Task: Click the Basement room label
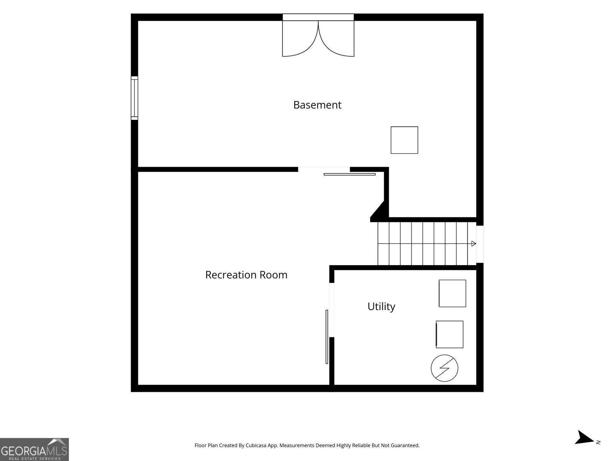coord(317,105)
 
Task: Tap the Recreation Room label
coord(246,275)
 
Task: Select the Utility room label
coord(381,307)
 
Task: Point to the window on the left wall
coord(135,98)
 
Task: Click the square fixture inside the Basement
coord(404,140)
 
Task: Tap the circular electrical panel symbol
coord(444,368)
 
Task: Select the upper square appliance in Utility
coord(452,294)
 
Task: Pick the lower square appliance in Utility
coord(449,335)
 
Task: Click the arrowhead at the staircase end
coord(474,244)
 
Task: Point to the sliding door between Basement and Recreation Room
coord(350,174)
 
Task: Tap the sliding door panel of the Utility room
coord(327,337)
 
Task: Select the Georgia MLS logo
coord(35,449)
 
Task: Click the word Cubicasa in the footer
coord(256,445)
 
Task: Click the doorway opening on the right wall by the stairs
coord(480,244)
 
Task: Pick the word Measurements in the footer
coord(297,445)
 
